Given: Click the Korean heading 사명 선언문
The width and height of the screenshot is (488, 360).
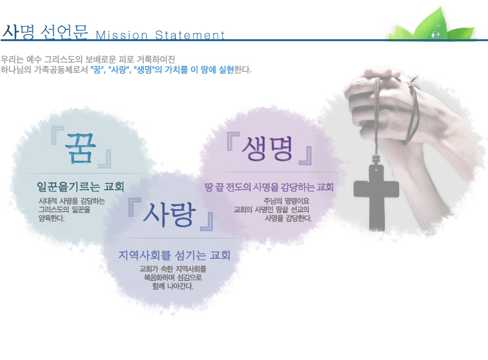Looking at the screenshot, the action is pos(45,32).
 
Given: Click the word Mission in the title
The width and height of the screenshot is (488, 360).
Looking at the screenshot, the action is pos(122,35).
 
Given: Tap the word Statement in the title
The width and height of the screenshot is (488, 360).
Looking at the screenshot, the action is pos(190,35).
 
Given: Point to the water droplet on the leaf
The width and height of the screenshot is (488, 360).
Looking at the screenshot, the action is pos(436,33).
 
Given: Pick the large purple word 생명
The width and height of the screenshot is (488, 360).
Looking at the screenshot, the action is pos(267,149).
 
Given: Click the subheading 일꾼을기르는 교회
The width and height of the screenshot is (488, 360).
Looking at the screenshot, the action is pos(80,187).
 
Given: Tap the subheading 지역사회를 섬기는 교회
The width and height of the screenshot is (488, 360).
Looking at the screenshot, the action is pos(174,255).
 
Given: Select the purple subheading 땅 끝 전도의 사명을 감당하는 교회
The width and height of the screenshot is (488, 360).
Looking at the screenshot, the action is pos(269,187).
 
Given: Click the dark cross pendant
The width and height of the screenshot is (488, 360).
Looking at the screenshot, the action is pos(376,197).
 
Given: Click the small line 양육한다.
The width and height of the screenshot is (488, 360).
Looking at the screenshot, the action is pos(52,218).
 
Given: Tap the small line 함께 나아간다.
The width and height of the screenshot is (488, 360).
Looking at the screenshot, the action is pos(172,286).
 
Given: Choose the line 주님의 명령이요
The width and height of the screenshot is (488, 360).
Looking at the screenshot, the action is pos(286,201).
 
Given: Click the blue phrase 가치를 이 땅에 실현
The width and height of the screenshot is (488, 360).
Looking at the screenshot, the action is pos(199,69).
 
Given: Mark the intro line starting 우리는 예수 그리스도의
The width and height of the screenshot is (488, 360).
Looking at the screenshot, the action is pos(88,59).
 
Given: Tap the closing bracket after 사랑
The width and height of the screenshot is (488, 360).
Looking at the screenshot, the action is pos(207,221).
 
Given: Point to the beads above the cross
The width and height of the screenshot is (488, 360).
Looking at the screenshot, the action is pos(377,159).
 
